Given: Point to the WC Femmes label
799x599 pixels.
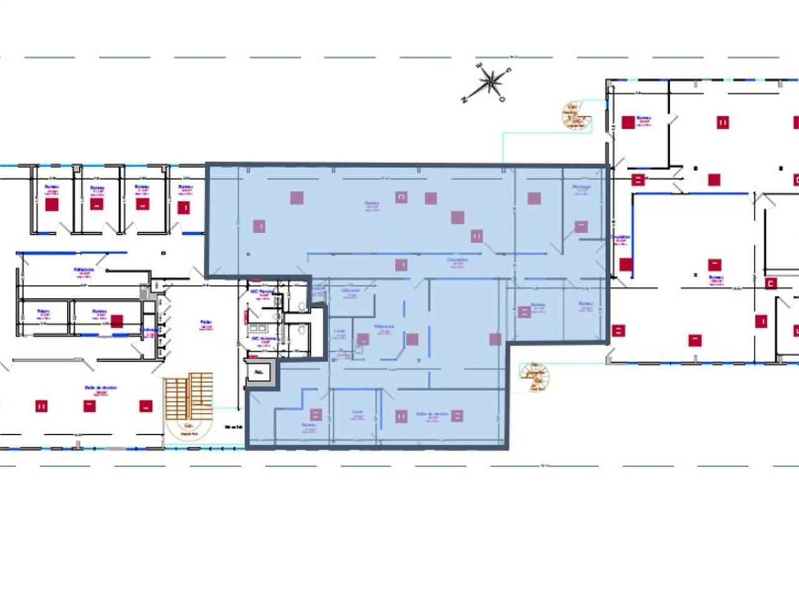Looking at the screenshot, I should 262,292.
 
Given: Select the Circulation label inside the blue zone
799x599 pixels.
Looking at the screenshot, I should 457,260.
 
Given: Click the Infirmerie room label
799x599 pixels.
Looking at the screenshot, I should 350,291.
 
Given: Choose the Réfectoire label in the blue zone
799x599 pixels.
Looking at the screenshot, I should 384,326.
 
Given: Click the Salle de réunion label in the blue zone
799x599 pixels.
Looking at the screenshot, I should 432,414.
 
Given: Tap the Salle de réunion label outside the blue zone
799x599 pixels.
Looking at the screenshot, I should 100,388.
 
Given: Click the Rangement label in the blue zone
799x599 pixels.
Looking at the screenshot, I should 581,187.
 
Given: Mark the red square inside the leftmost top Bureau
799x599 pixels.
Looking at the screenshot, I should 51,205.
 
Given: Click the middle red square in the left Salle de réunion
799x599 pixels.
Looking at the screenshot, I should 89,406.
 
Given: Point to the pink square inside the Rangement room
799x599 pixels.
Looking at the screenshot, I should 581,226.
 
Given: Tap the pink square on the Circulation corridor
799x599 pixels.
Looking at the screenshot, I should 401,265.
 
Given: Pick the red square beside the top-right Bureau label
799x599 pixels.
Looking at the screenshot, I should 628,122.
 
